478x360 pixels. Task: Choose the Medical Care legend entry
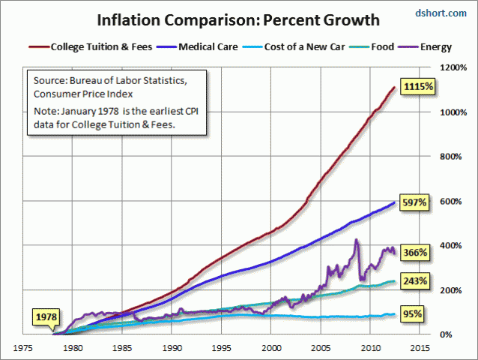204,46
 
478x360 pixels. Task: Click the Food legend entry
382,46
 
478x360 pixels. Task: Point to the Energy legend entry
434,46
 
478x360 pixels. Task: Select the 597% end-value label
414,203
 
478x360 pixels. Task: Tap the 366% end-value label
414,253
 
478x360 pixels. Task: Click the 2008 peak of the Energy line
356,240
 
